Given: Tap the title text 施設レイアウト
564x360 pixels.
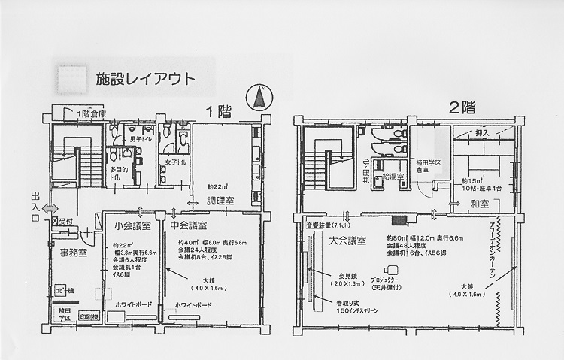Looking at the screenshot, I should pyautogui.click(x=145, y=77).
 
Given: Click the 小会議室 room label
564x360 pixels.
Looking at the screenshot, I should pyautogui.click(x=132, y=225).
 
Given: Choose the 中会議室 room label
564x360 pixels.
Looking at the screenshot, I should pyautogui.click(x=189, y=225).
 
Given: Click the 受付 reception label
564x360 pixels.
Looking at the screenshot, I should pyautogui.click(x=65, y=222).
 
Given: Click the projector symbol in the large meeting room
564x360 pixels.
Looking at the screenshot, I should pyautogui.click(x=391, y=269).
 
